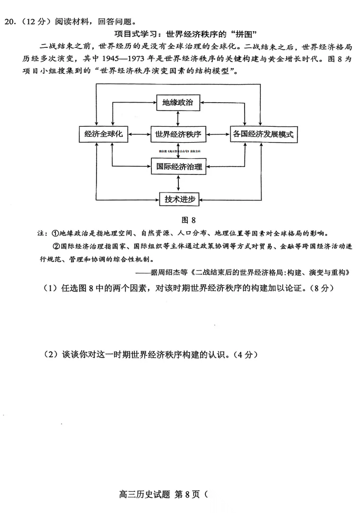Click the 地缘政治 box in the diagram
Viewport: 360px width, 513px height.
[x=178, y=102]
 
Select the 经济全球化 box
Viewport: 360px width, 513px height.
[x=103, y=134]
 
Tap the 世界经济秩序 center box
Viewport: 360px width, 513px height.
[x=178, y=134]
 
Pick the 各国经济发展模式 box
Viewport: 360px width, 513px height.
[x=263, y=134]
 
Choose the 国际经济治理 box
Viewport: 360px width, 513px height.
[x=178, y=166]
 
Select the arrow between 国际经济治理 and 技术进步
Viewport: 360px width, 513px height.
[x=178, y=183]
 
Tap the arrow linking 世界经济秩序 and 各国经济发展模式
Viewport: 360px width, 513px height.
[x=218, y=134]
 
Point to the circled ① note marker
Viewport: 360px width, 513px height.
[x=55, y=234]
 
